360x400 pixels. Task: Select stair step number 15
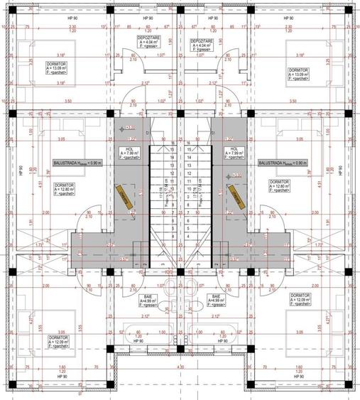coord(190,150)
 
